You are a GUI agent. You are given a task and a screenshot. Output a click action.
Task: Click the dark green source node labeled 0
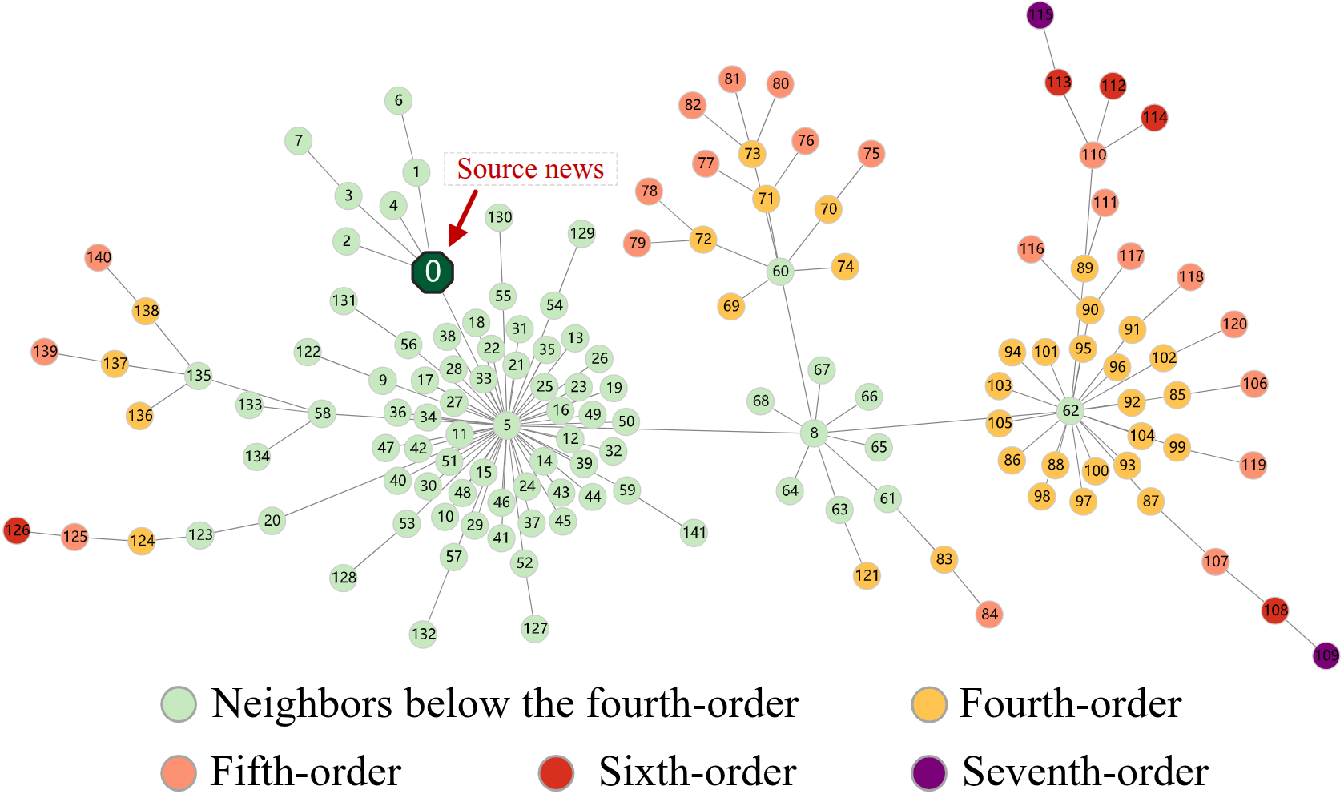pos(433,272)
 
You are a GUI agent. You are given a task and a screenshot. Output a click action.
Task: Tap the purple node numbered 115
pos(1040,15)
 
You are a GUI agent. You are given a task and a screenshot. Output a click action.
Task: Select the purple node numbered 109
pos(1326,655)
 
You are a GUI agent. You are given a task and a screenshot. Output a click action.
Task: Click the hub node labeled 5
pos(506,425)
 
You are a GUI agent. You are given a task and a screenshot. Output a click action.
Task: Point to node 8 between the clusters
pos(814,433)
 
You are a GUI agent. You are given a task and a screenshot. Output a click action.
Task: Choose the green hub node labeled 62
pos(1071,411)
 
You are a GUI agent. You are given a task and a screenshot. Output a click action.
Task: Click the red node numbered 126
pos(17,530)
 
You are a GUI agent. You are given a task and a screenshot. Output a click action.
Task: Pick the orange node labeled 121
pos(867,575)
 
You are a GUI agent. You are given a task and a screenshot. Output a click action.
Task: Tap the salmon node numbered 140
pos(99,257)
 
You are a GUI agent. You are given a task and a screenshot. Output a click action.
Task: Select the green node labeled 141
pos(694,532)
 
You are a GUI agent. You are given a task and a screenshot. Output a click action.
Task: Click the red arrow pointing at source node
pos(463,216)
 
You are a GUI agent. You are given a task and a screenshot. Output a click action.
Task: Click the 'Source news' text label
pos(530,169)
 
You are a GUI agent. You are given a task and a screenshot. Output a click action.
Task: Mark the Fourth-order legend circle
pos(929,704)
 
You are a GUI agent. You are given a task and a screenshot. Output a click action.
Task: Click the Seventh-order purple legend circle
pos(929,772)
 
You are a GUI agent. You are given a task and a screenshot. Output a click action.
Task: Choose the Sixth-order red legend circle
pos(557,772)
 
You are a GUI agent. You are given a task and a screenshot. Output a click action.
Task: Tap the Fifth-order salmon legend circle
pos(179,772)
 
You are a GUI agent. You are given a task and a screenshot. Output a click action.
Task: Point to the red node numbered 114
pos(1154,118)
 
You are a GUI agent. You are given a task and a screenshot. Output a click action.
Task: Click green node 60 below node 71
pos(780,271)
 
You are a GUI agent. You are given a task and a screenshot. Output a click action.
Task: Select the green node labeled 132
pos(423,634)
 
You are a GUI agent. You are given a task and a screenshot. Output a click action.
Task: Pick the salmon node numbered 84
pos(989,615)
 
